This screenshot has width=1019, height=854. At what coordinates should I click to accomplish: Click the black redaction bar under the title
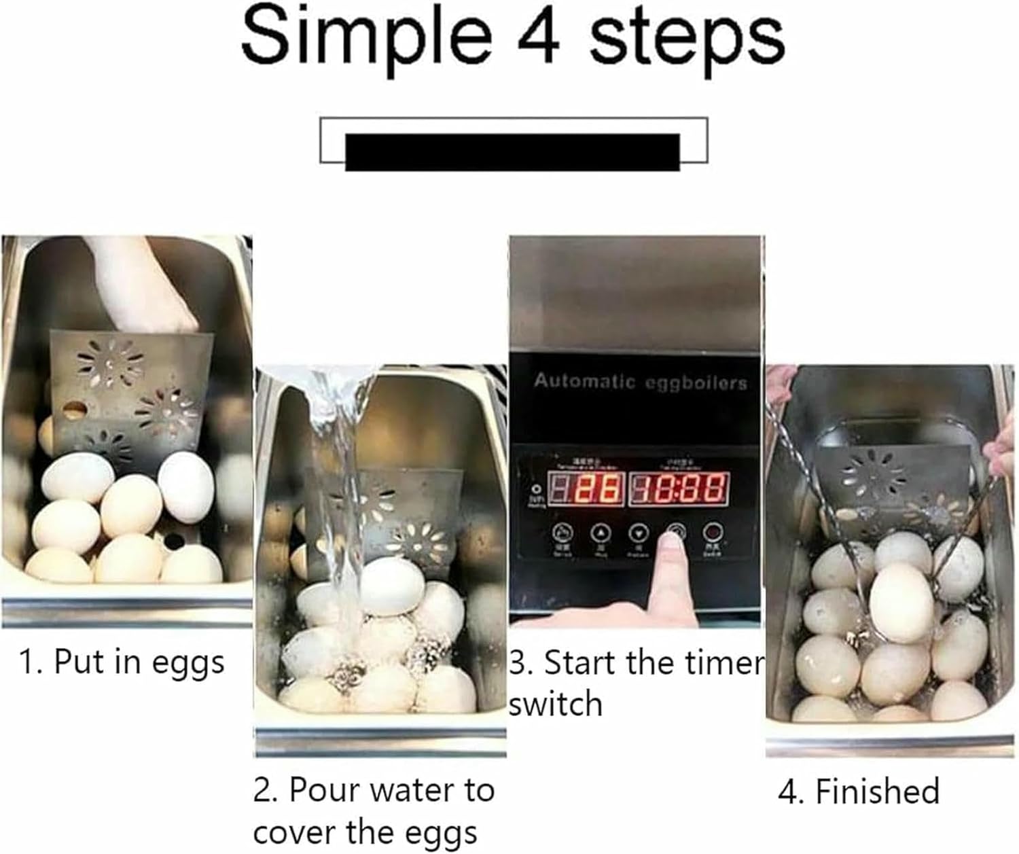pos(512,151)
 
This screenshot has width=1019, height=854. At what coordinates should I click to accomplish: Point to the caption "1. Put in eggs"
pos(122,662)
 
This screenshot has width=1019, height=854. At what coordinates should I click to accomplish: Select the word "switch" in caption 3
pos(556,705)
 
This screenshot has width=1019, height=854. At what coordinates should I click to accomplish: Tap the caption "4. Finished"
pos(859,791)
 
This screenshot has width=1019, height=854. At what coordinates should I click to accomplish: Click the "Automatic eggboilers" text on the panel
pos(640,381)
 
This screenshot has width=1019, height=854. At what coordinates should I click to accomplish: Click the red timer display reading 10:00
pos(679,488)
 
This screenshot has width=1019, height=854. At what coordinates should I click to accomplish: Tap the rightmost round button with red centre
pos(712,531)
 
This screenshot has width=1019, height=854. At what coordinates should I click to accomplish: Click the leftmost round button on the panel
pos(561,531)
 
